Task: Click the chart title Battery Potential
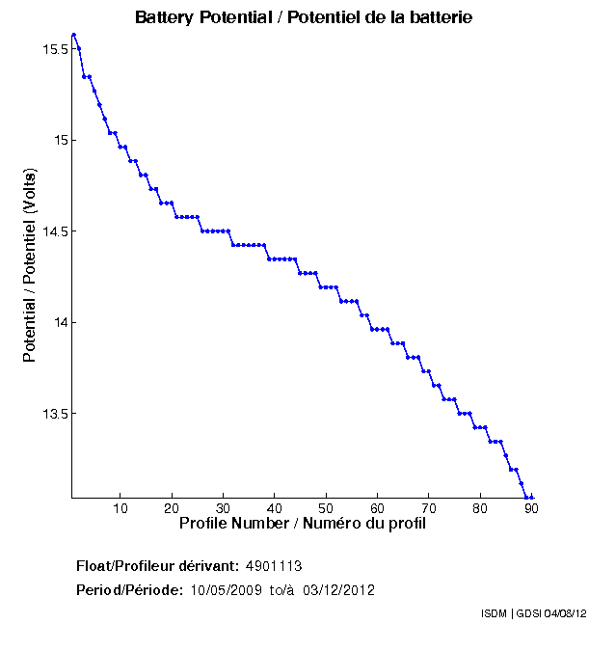coord(303,18)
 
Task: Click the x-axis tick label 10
coord(120,509)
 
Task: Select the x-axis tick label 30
coord(223,509)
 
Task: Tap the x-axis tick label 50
coord(326,509)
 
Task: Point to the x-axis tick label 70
coord(428,509)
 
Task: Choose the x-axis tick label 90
coord(531,509)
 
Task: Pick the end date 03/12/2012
coord(338,590)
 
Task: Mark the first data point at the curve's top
coord(73,34)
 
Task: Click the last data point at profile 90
coord(531,497)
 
